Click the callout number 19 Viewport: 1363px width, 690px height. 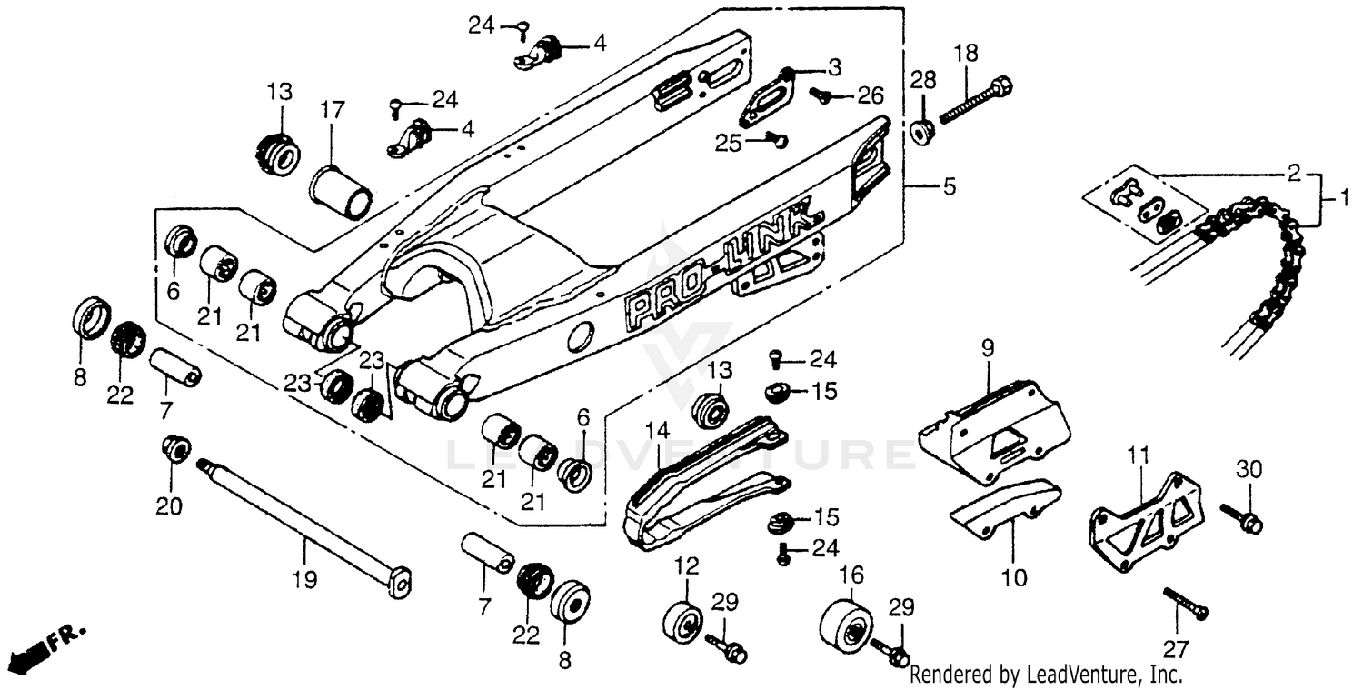point(304,579)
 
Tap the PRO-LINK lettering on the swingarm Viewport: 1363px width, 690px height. point(722,264)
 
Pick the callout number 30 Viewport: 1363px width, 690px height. point(1249,470)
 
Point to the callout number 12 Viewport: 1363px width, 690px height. point(687,566)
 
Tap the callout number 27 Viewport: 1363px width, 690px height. point(1176,650)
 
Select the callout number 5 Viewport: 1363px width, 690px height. point(949,187)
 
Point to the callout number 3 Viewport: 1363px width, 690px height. point(833,66)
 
